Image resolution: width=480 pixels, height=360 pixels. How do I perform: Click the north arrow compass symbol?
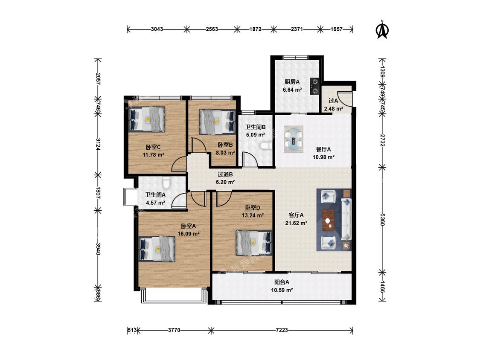[382, 30]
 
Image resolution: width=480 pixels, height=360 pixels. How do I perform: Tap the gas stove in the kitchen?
[315, 86]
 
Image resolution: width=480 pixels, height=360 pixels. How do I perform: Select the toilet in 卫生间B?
[265, 146]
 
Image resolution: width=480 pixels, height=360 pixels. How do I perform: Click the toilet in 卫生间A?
[166, 183]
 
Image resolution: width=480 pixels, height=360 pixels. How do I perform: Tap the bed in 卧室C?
[147, 119]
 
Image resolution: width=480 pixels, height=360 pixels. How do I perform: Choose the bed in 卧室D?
[254, 243]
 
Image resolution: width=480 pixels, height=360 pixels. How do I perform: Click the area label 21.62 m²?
[297, 223]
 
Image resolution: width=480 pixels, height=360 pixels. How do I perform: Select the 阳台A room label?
[282, 282]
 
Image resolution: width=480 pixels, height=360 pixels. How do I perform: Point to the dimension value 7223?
[282, 330]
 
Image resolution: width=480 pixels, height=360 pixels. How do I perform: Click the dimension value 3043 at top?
[157, 29]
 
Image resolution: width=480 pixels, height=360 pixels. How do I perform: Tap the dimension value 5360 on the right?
[382, 220]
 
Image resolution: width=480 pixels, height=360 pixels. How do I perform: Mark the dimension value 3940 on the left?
[98, 249]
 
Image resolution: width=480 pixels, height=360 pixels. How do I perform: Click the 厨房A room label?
[292, 82]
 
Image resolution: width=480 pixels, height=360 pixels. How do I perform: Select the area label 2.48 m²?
[333, 109]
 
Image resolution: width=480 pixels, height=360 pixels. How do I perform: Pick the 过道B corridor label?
[225, 174]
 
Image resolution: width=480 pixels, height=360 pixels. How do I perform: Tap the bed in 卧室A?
[157, 249]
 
